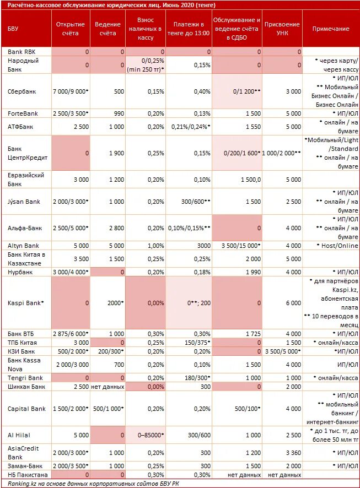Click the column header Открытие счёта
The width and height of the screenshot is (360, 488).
click(70, 29)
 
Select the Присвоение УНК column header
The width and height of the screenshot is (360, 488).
click(282, 29)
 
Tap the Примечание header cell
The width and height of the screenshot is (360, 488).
click(331, 29)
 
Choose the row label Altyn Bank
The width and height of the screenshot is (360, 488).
click(23, 245)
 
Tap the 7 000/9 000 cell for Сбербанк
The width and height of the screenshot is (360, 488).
click(70, 91)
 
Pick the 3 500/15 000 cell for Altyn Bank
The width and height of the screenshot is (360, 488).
click(237, 245)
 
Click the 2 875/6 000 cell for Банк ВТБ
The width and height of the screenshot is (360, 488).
click(70, 333)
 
